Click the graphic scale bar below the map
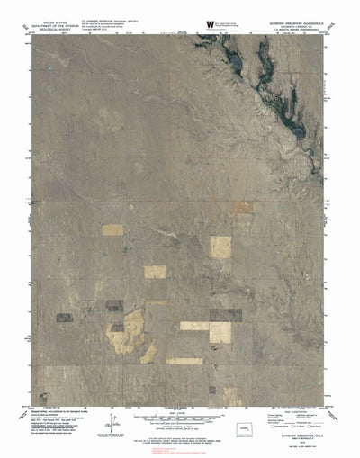coord(179,419)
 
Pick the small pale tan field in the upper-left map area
coord(112,229)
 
